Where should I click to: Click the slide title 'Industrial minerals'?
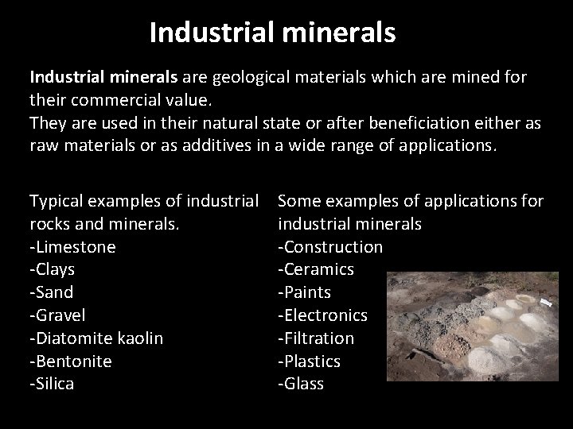pyautogui.click(x=271, y=33)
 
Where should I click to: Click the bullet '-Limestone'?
pyautogui.click(x=72, y=246)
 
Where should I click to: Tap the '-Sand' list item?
pyautogui.click(x=52, y=292)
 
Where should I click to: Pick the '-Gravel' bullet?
pyautogui.click(x=57, y=315)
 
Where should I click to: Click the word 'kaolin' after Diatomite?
pyautogui.click(x=137, y=338)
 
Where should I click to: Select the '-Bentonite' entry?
pyautogui.click(x=71, y=361)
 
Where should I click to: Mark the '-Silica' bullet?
pyautogui.click(x=53, y=385)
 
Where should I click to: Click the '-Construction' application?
pyautogui.click(x=329, y=246)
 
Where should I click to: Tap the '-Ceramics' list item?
pyautogui.click(x=316, y=269)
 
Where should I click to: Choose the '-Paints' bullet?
pyautogui.click(x=305, y=292)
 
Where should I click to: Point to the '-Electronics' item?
pyautogui.click(x=322, y=315)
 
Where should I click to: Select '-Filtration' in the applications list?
pyautogui.click(x=316, y=338)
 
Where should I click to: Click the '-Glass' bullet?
pyautogui.click(x=301, y=385)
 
